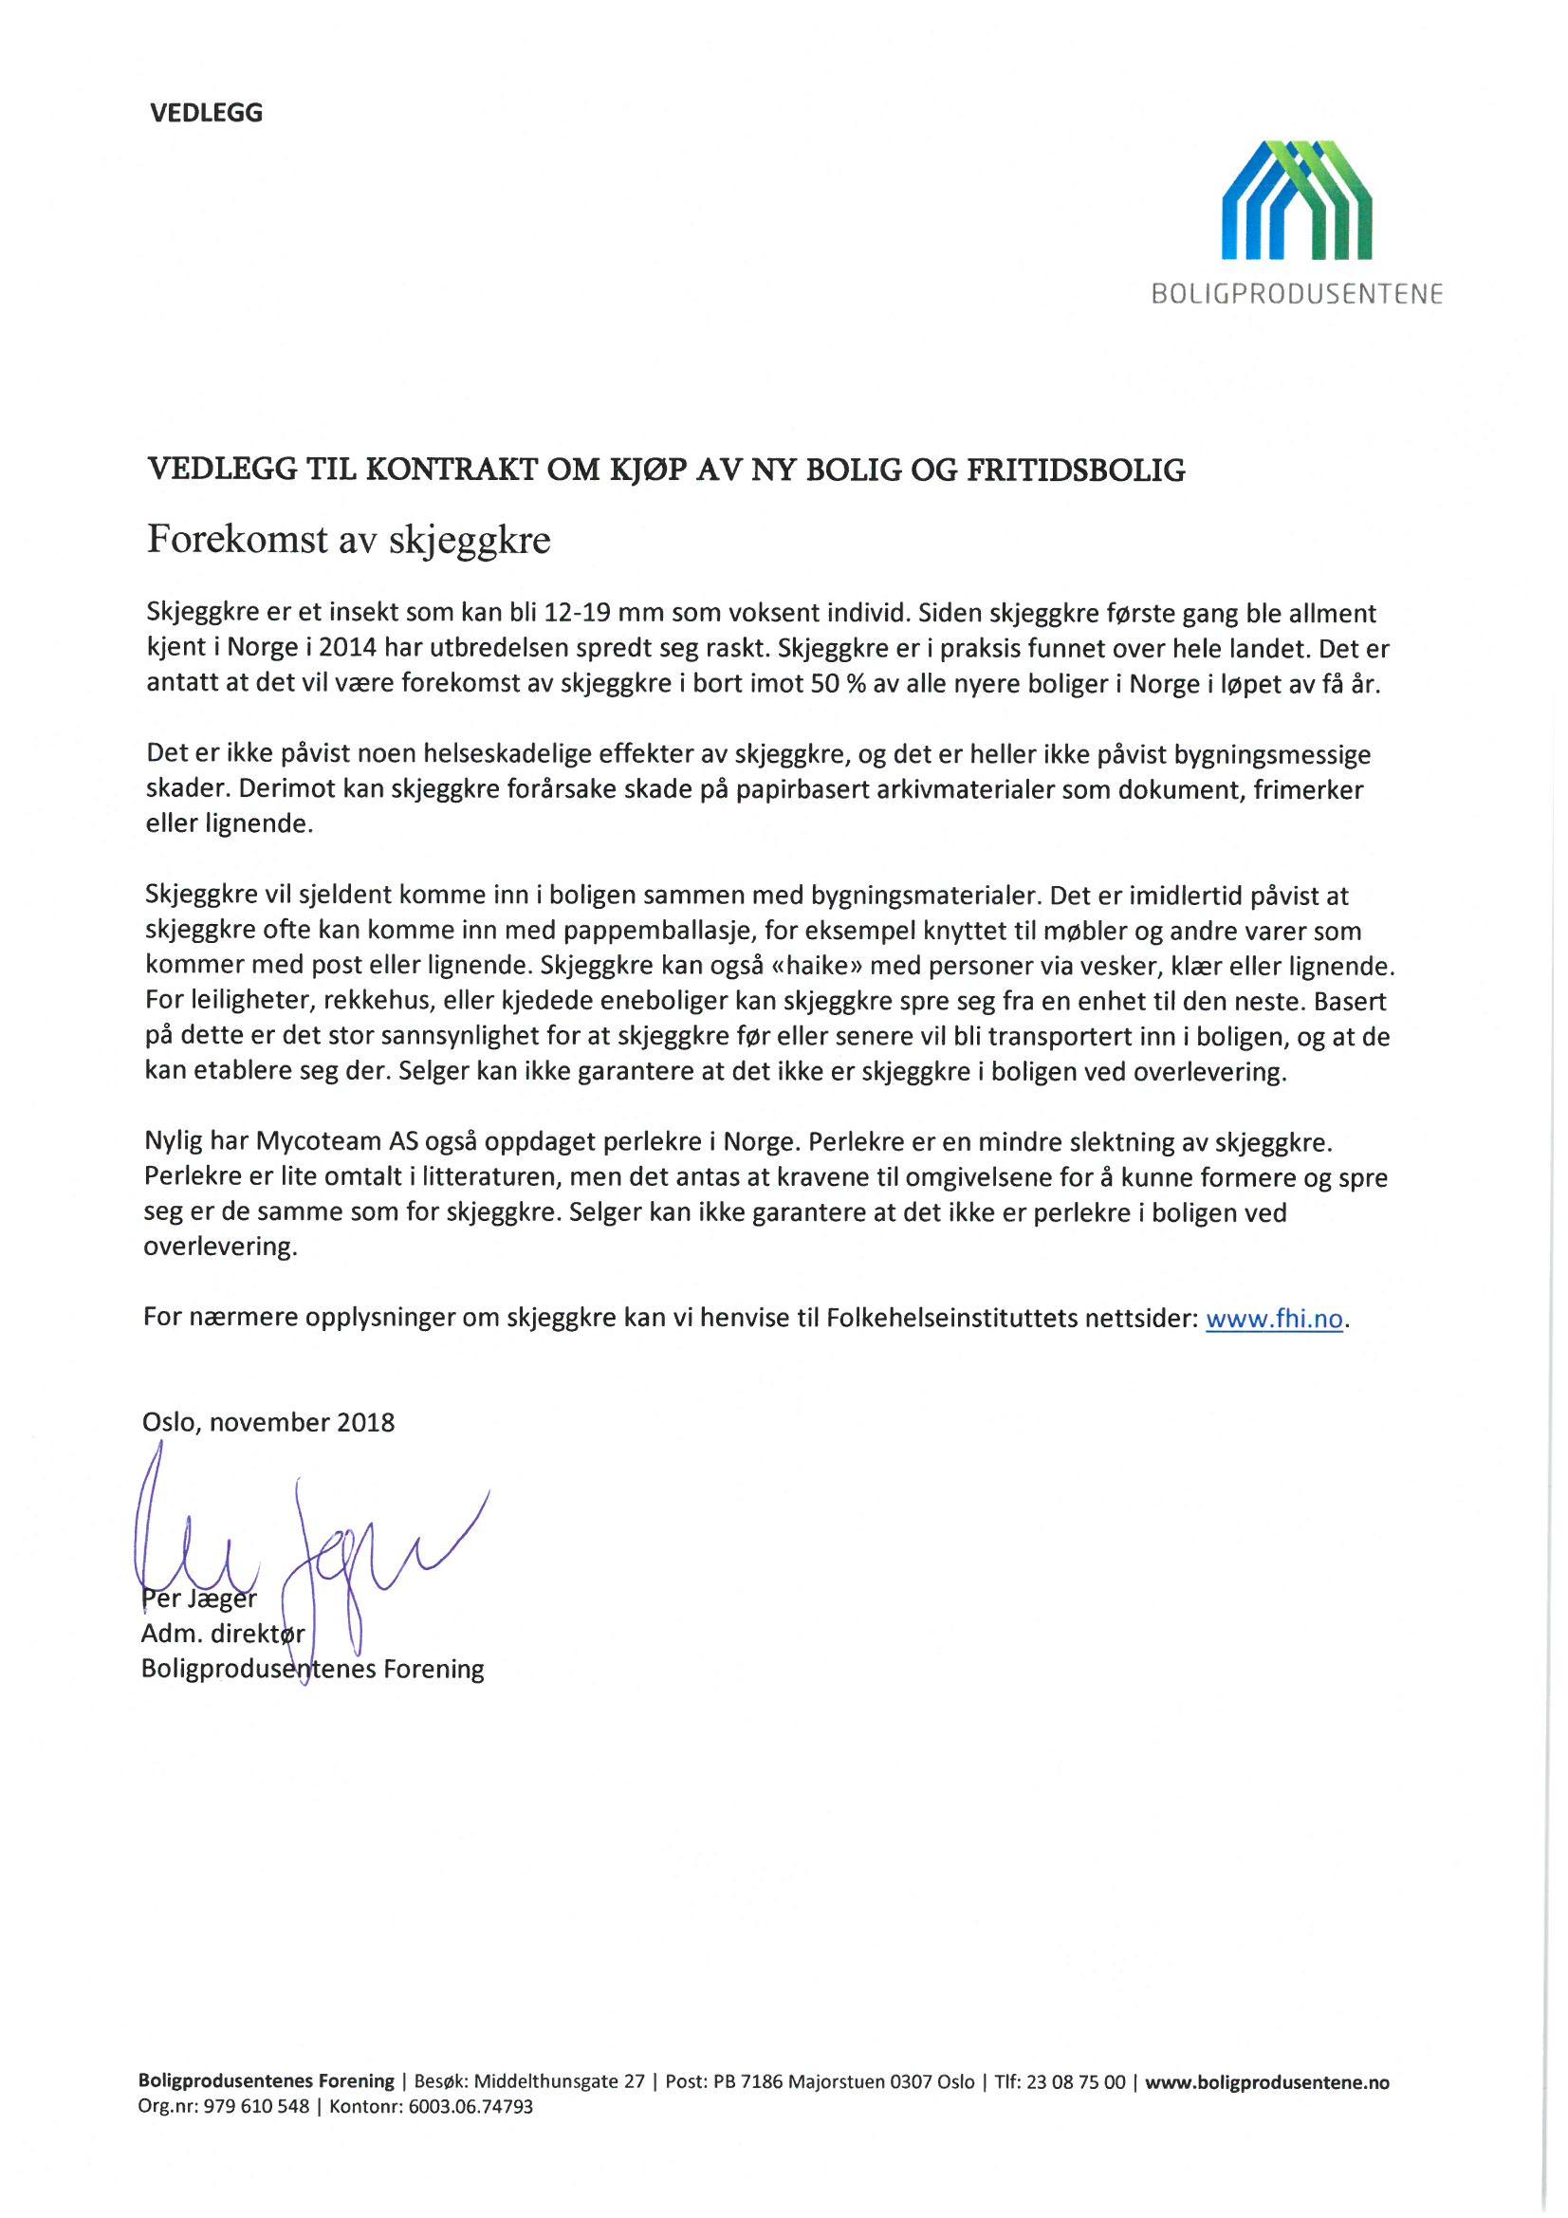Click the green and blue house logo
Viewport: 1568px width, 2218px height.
pos(1297,200)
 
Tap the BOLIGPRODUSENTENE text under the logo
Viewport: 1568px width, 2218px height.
pos(1297,295)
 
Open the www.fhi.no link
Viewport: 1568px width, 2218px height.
pos(1274,1320)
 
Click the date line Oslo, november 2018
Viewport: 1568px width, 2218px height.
pos(268,1422)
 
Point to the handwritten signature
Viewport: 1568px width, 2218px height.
pos(309,1545)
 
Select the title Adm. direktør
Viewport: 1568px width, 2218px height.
pos(223,1635)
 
